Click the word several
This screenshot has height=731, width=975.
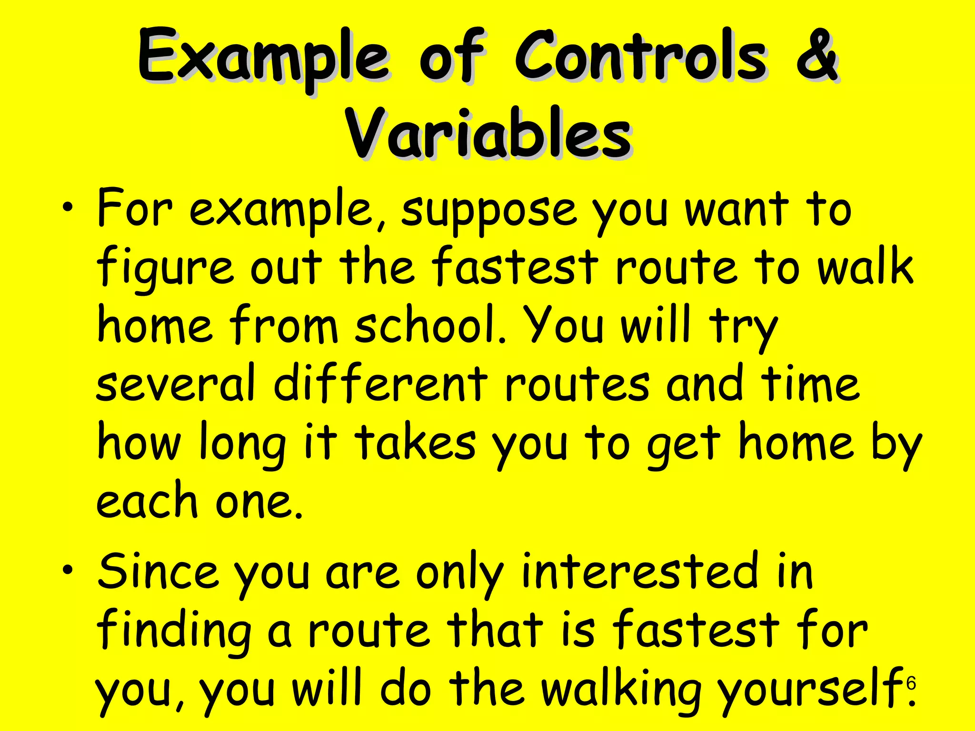click(176, 383)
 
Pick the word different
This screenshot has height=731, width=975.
click(381, 383)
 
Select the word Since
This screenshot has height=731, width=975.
click(157, 571)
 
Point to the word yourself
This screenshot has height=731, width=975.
click(809, 690)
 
